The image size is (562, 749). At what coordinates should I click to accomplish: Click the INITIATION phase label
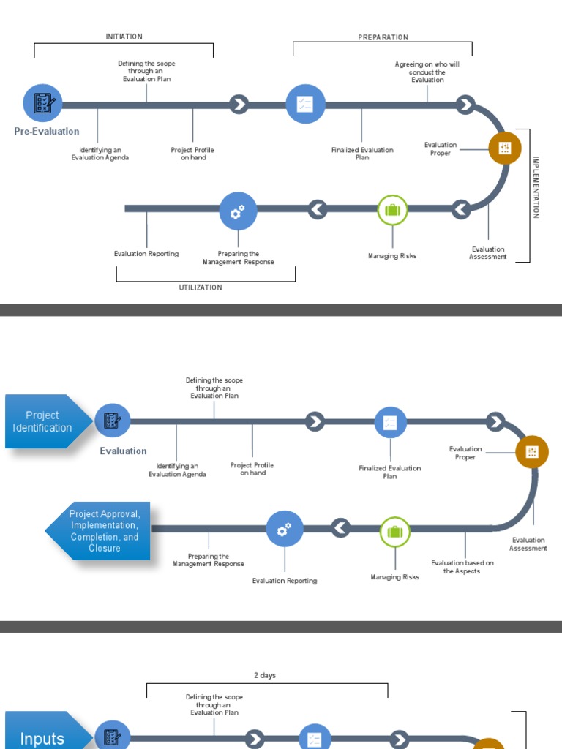point(124,37)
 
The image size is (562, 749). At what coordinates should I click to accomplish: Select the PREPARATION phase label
point(383,37)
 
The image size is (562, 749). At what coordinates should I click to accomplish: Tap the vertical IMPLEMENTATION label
point(536,187)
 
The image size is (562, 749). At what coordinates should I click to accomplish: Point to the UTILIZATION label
point(201,287)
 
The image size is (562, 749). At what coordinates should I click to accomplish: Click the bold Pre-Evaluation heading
point(47,132)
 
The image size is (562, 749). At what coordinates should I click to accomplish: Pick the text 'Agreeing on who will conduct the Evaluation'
point(427,72)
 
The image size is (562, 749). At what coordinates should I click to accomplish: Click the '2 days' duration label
point(265,675)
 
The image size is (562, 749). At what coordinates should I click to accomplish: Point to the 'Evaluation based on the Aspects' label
point(462,567)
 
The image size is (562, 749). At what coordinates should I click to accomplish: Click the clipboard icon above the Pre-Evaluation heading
point(42,102)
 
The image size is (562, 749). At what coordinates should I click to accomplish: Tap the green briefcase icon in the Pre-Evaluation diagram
point(392,210)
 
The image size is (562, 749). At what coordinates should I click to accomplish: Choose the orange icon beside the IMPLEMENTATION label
point(505,148)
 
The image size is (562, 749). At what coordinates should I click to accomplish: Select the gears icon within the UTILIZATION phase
point(238,211)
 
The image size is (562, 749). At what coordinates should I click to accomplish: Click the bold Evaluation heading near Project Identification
point(123,451)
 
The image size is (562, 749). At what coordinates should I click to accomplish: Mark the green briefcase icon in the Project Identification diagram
point(395,532)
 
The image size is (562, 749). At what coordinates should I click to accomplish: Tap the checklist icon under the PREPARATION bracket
point(305,105)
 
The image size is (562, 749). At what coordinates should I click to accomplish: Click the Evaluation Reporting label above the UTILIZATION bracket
point(146,254)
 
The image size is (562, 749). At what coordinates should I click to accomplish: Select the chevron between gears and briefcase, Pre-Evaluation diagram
point(317,210)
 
